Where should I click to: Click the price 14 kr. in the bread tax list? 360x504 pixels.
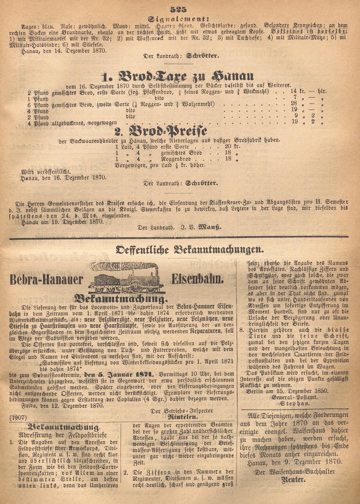click(288, 92)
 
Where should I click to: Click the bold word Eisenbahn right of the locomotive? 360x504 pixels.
click(198, 278)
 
